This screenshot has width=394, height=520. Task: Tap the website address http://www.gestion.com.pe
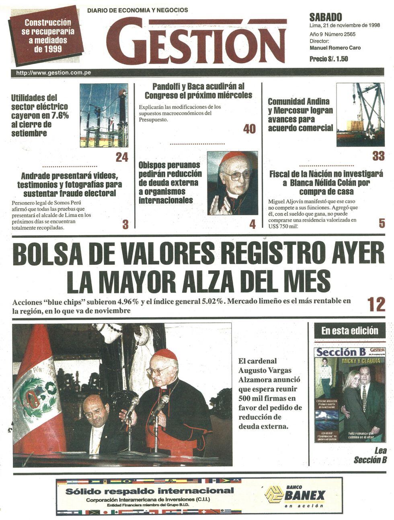point(53,73)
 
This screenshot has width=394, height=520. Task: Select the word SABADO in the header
point(326,17)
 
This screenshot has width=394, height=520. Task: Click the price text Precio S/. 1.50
point(328,59)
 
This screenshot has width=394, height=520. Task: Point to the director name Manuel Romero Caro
point(335,47)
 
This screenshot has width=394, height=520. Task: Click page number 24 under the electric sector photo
point(122,157)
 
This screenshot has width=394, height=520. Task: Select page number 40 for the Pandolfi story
point(249,129)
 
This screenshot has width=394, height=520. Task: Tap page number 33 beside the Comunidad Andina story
point(378,156)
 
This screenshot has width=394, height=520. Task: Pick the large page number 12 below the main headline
point(376,304)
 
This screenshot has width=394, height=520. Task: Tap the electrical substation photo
point(104,115)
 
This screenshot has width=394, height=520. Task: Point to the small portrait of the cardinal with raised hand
point(232,183)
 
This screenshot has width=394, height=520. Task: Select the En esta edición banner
point(349,331)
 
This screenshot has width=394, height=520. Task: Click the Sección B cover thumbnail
point(349,394)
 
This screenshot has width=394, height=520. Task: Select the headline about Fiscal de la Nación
point(326,183)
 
